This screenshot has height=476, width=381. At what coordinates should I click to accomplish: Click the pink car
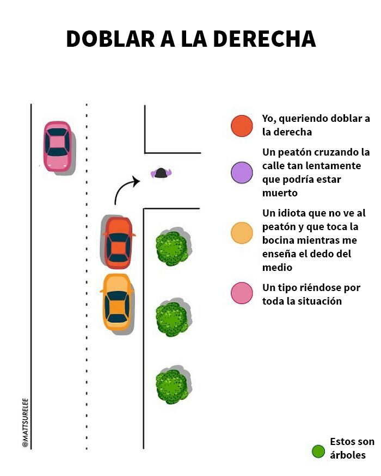[58, 146]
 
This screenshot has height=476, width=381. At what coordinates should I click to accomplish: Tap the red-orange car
[118, 242]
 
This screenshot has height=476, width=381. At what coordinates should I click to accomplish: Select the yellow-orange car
[117, 302]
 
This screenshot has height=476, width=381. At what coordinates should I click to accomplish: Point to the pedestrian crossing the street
[161, 174]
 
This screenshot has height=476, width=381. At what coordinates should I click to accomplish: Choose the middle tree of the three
[172, 318]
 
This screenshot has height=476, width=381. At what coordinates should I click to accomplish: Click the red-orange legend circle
[242, 126]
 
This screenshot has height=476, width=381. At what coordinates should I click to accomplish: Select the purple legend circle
[242, 172]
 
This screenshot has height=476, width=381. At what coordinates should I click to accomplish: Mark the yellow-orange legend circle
[242, 233]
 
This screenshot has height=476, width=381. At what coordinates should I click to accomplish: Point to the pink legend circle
[242, 293]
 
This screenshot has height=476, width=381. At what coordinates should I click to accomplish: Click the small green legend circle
[318, 451]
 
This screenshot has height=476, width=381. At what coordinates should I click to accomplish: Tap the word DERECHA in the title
[264, 39]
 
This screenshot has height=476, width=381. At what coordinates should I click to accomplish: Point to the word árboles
[348, 455]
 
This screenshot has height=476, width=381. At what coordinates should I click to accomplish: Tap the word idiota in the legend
[293, 213]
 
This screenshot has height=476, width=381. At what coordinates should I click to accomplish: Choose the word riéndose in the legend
[310, 288]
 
